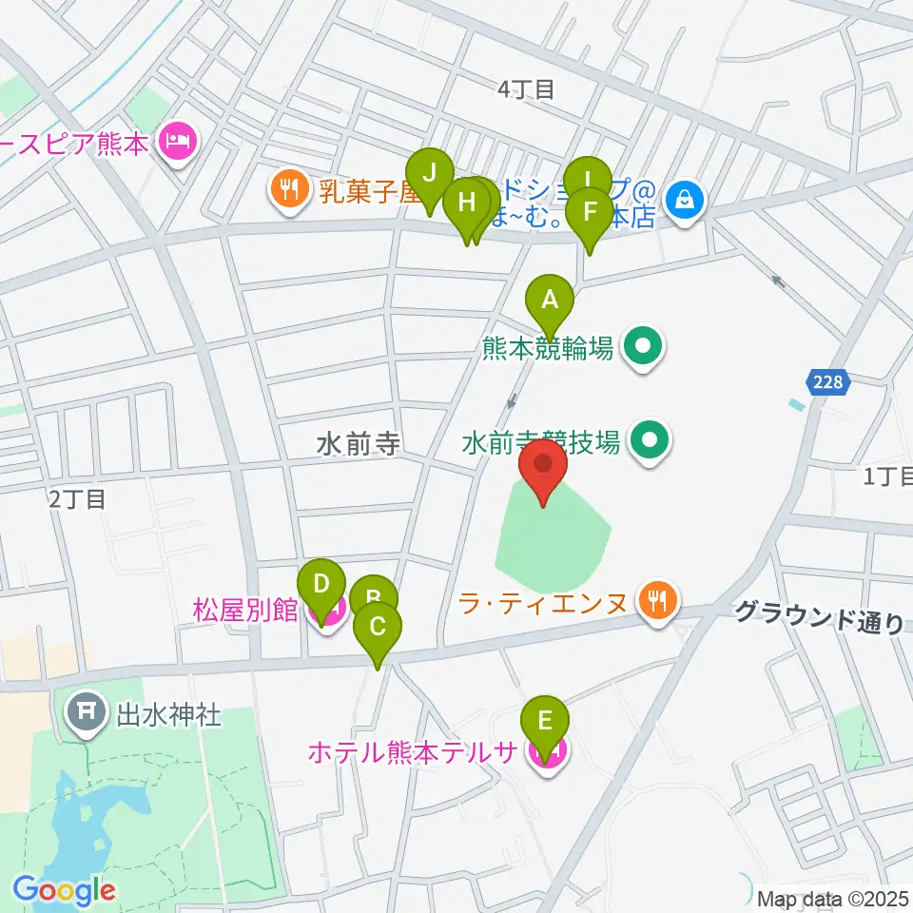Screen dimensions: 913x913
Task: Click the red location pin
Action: [x=543, y=468]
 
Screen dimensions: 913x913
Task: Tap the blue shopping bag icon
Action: [x=684, y=198]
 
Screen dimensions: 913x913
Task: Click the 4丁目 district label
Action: [x=526, y=89]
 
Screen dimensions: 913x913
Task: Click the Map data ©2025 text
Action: [x=829, y=897]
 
